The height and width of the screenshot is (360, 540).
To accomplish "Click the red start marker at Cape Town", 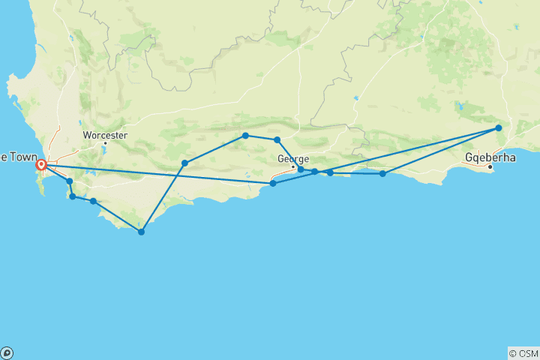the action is pos(41,165).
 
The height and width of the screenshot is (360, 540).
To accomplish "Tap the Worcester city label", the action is pos(105,135).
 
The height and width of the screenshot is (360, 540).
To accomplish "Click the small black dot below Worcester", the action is pos(105,142).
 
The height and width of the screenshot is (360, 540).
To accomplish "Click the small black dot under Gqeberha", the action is pos(490,166).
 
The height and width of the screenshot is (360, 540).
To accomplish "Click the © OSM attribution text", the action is pos(523,353).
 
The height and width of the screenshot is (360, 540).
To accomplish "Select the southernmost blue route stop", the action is pos(141,232).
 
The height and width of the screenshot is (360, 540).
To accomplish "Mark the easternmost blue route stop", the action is pos(498,128).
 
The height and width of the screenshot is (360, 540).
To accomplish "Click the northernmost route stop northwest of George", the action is pos(245,136).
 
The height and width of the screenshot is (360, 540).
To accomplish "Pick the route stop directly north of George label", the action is pos(277,140).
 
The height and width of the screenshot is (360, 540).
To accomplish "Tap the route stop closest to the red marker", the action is pos(69,181).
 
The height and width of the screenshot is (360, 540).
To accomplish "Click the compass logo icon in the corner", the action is pos(7,353).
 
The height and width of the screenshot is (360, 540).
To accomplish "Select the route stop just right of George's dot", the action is pos(301,169).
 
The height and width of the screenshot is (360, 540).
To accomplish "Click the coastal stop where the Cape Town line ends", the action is pos(273,183).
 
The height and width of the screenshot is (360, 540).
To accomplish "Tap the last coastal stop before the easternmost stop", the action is pos(382,174).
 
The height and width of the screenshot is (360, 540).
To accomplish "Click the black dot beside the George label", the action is pos(293,166).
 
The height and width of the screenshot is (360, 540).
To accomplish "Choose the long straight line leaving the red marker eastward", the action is pos(157,174).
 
